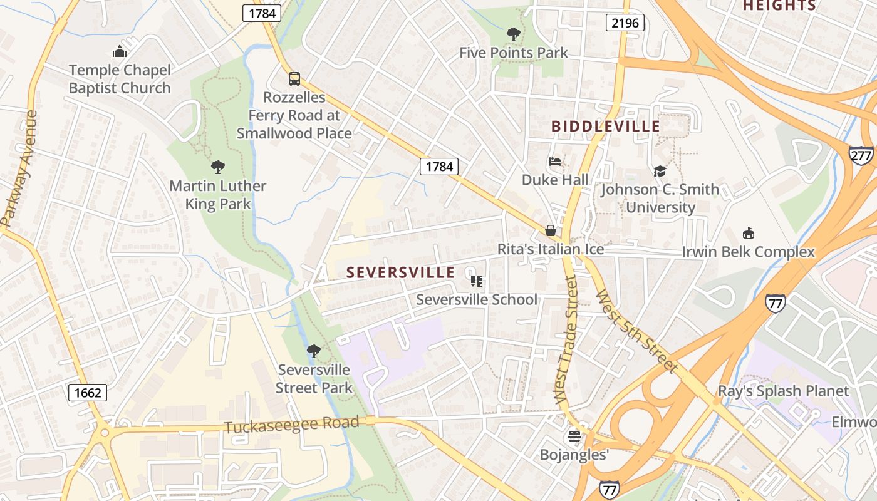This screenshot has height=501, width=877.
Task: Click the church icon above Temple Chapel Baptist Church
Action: pos(119,51)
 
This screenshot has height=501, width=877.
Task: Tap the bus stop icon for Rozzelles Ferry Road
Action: pos(294,79)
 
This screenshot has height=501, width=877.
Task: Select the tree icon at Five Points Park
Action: pos(513,34)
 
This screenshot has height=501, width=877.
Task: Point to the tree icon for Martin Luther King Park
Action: pos(217,167)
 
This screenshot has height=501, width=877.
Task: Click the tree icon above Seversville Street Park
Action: pos(313,351)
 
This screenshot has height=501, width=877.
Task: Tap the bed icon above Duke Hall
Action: pos(555,162)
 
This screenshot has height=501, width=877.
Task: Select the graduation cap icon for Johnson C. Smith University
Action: pos(660,171)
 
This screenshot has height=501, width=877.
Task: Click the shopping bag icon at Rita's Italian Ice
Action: pos(551,230)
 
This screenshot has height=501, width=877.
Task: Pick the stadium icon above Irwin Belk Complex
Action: pos(748,233)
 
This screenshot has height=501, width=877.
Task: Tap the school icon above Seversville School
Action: pos(477,281)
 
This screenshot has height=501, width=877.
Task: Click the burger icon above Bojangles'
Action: pos(574,436)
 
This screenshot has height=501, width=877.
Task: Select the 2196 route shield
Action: pos(625,23)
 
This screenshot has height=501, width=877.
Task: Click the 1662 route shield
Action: pos(87,393)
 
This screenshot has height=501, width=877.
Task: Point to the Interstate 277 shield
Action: pos(861,155)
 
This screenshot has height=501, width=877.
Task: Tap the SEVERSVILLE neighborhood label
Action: pos(400,272)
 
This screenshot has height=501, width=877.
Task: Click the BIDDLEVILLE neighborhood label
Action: pos(605,127)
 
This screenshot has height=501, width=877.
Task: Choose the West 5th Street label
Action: pos(636,331)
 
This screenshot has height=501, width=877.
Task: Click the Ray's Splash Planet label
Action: pos(783,391)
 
